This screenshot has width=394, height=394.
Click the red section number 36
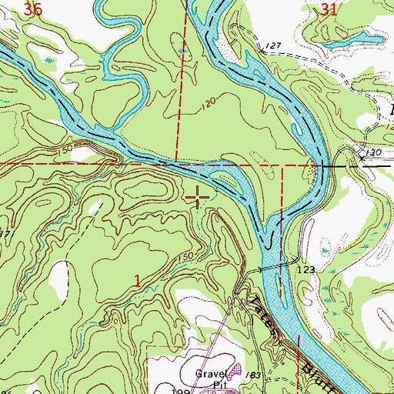pos(32,9)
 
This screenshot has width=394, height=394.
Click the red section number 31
pos(329,9)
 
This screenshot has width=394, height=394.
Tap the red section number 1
pos(138,282)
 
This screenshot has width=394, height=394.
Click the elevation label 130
pos(373,153)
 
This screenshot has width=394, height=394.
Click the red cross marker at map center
pos(197,199)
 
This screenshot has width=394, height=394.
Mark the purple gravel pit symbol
pos(235,372)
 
